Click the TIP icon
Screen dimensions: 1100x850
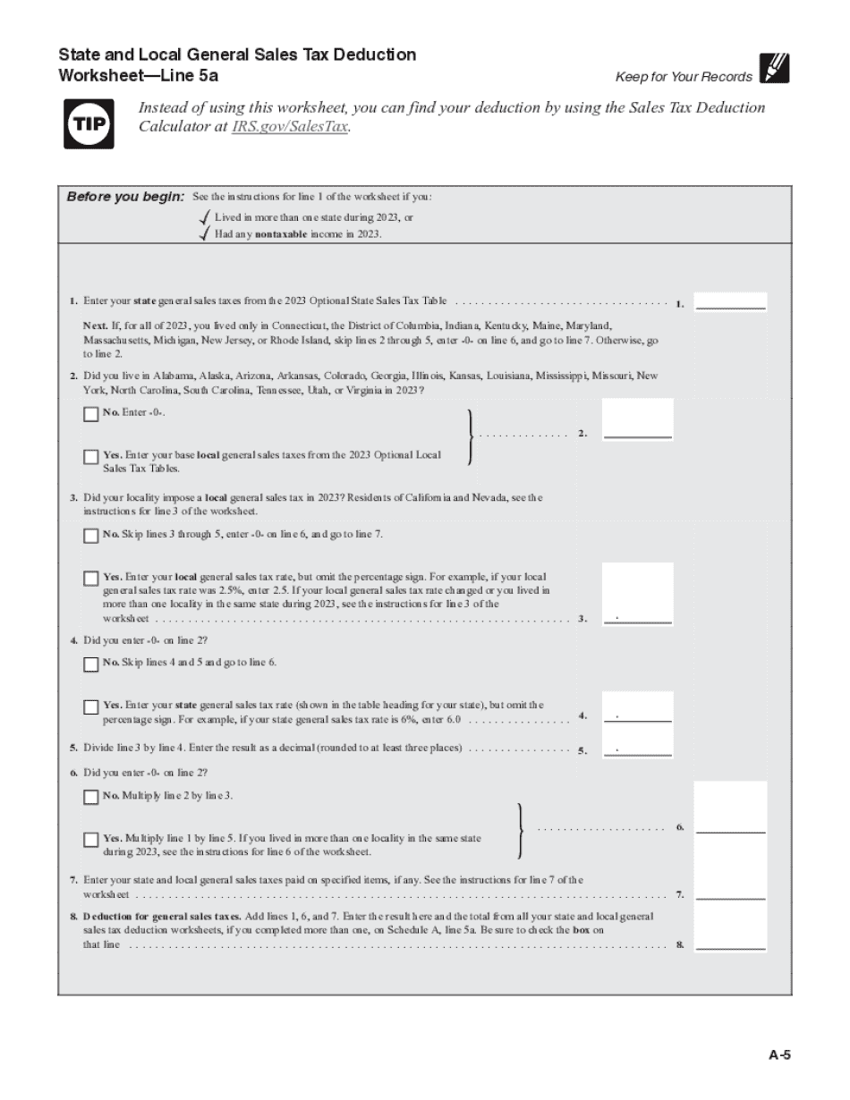point(89,124)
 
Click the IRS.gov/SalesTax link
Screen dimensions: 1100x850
point(289,127)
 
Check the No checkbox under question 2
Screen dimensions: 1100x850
point(90,414)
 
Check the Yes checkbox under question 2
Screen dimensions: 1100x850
point(90,457)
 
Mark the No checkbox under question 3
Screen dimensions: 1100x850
point(90,536)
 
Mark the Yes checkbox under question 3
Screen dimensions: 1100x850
point(90,579)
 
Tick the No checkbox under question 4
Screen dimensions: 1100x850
point(90,664)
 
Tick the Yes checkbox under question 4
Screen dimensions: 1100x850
point(90,707)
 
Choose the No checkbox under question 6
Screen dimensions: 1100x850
point(90,797)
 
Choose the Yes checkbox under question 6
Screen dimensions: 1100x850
point(90,840)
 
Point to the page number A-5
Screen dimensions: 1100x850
point(779,1054)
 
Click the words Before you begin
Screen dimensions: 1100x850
point(125,197)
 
